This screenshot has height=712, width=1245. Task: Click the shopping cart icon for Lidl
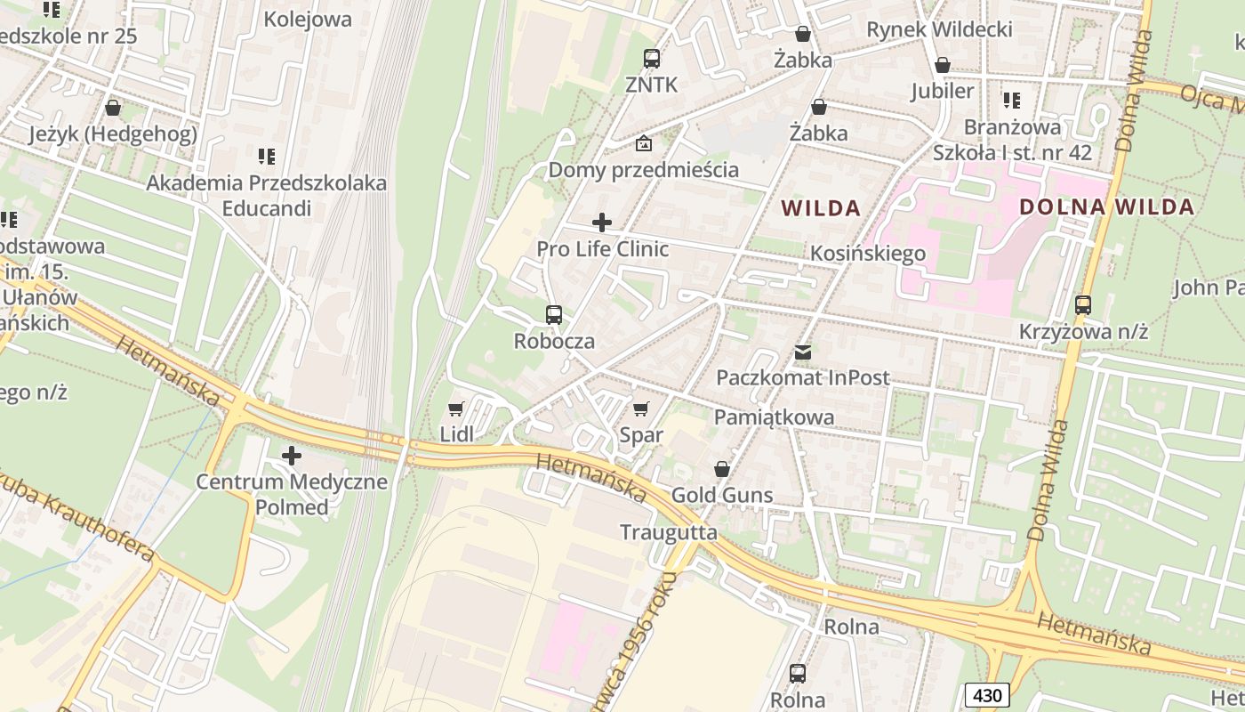pyautogui.click(x=455, y=409)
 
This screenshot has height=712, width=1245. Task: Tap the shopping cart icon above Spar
pyautogui.click(x=640, y=409)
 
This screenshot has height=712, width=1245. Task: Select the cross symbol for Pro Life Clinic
pyautogui.click(x=602, y=222)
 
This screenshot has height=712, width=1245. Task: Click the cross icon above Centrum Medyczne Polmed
pyautogui.click(x=292, y=457)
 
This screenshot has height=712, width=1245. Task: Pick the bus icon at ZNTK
pyautogui.click(x=652, y=59)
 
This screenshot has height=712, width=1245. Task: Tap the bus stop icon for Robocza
pyautogui.click(x=554, y=315)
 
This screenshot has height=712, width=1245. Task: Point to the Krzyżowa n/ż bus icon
pyautogui.click(x=1083, y=305)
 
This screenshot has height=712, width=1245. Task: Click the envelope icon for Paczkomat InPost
pyautogui.click(x=803, y=352)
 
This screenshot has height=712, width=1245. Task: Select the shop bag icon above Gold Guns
pyautogui.click(x=722, y=469)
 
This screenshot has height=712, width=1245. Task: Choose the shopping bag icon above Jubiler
pyautogui.click(x=943, y=65)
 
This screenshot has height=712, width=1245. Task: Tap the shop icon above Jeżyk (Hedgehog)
pyautogui.click(x=113, y=108)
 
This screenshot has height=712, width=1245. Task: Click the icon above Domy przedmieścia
pyautogui.click(x=643, y=143)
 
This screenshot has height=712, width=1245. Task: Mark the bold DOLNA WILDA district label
pyautogui.click(x=1106, y=207)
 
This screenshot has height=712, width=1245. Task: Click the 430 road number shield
pyautogui.click(x=987, y=695)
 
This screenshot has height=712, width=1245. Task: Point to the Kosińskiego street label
pyautogui.click(x=868, y=254)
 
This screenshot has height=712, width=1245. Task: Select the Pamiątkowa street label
pyautogui.click(x=774, y=417)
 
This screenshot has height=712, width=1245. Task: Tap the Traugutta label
pyautogui.click(x=669, y=532)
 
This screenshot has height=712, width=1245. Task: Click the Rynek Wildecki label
pyautogui.click(x=939, y=29)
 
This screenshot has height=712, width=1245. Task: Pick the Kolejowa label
pyautogui.click(x=308, y=19)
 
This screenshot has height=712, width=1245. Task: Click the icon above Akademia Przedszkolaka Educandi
pyautogui.click(x=266, y=157)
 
